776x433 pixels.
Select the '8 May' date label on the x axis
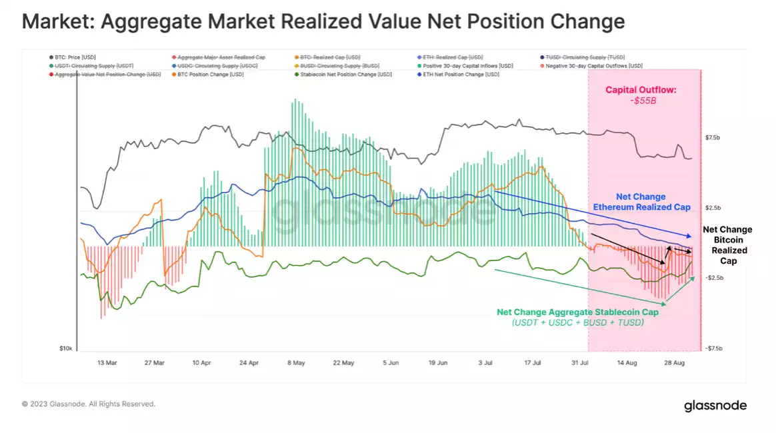[x=296, y=363]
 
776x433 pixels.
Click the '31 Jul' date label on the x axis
[x=581, y=363]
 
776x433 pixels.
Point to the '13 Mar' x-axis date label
[x=107, y=363]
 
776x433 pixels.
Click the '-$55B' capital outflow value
[x=641, y=101]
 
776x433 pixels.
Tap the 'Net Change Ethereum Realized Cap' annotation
[x=641, y=202]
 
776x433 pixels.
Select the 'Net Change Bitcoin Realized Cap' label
[x=727, y=245]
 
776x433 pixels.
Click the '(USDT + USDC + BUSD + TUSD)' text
[x=578, y=323]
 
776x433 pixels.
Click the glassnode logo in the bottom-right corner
[x=715, y=406]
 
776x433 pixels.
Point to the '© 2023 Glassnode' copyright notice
[x=88, y=404]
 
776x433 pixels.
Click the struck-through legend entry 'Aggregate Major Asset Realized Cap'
[x=221, y=57]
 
